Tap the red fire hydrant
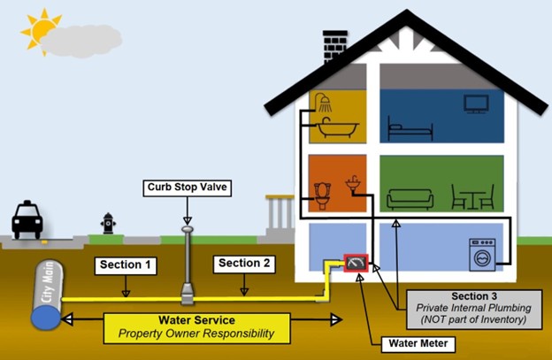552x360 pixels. point(108,222)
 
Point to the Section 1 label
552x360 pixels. point(126,264)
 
